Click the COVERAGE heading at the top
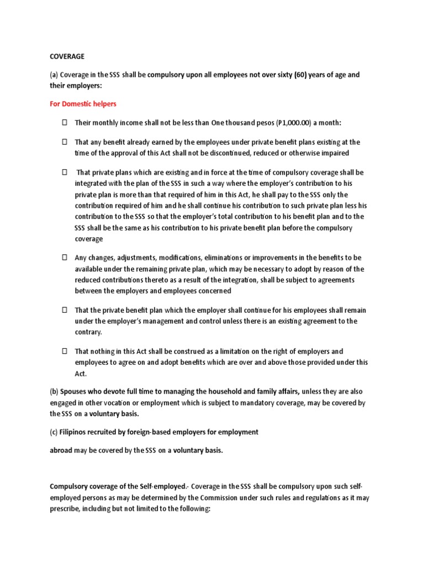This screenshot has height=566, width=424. coord(67,56)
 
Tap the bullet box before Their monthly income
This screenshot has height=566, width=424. coord(63,122)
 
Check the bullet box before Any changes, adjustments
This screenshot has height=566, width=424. coord(63,258)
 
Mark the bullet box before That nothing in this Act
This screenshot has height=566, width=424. coord(63,352)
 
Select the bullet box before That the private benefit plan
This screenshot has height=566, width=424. coord(63,311)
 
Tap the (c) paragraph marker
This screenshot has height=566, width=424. coord(54,432)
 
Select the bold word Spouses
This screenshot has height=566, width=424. coord(75,392)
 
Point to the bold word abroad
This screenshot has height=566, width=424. coord(61,450)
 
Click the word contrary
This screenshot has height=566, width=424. coord(88,332)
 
